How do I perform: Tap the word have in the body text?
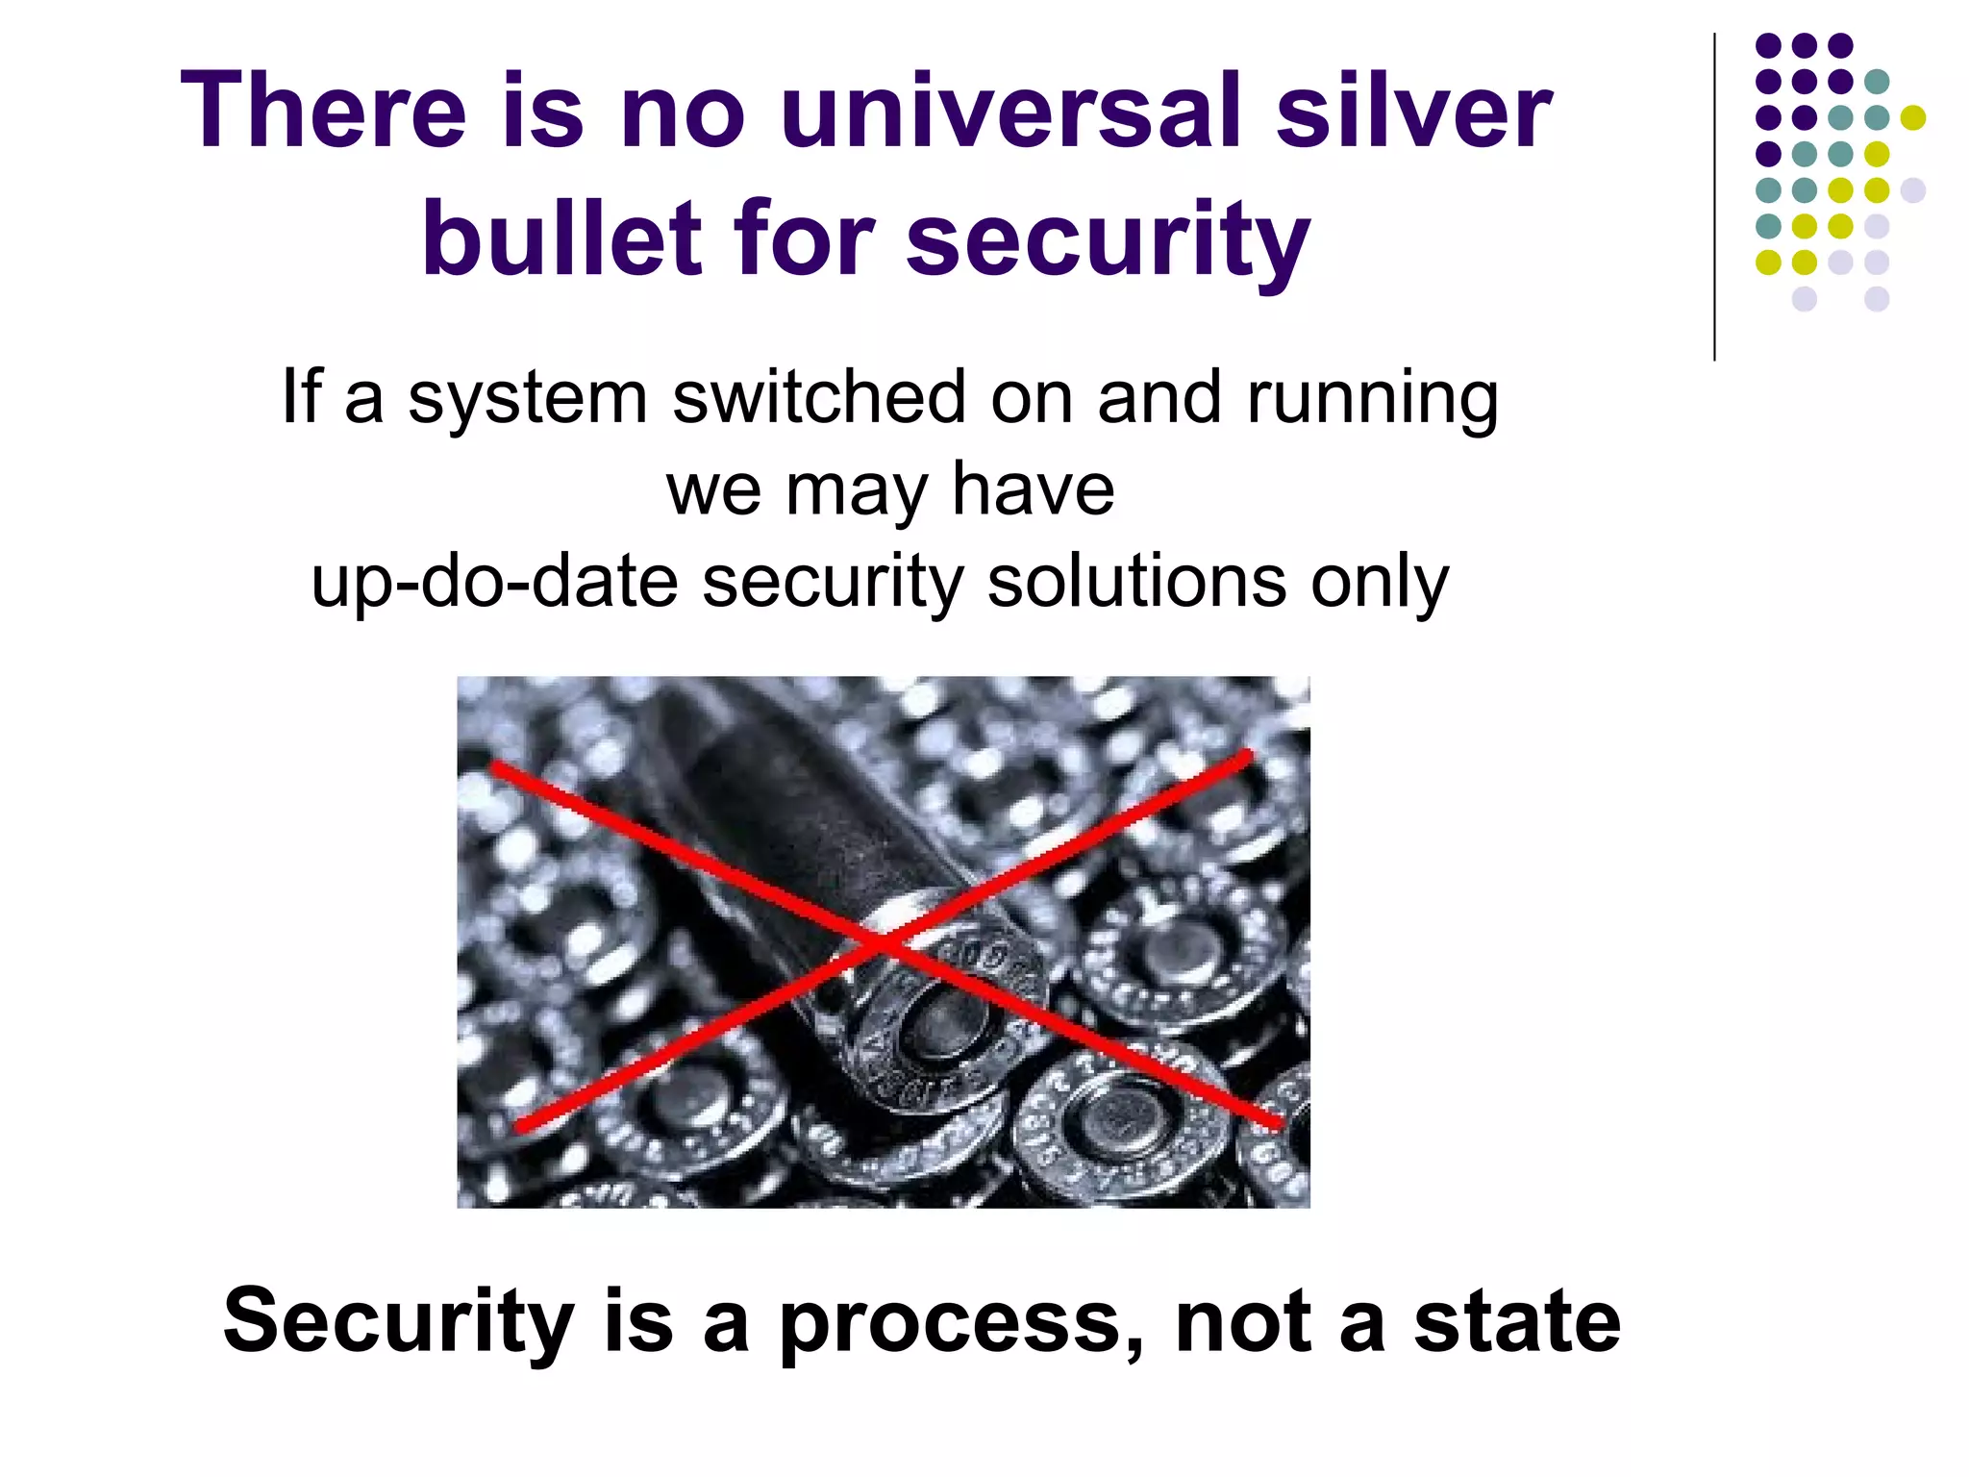pos(1034,490)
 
